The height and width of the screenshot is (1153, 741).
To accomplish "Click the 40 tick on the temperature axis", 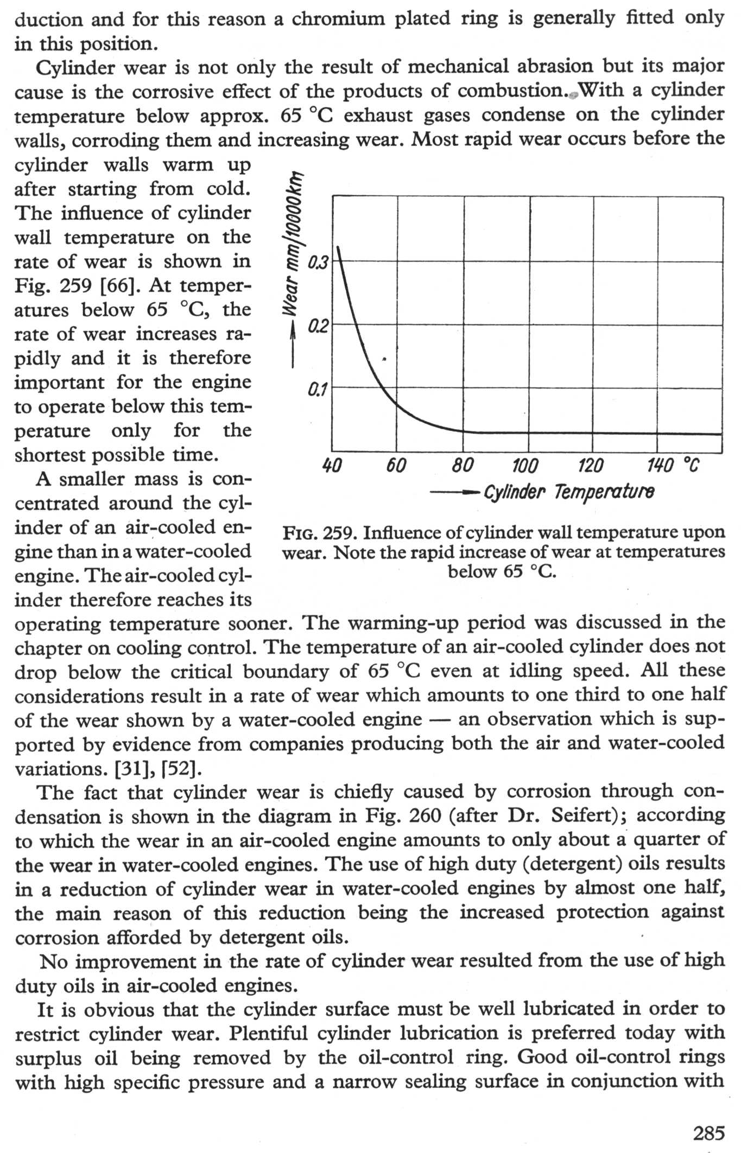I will (x=332, y=465).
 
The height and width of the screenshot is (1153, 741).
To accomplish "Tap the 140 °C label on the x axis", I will (x=673, y=465).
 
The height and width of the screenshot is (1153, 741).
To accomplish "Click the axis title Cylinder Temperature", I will (x=569, y=492).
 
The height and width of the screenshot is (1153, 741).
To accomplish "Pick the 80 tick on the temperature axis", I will (x=463, y=465).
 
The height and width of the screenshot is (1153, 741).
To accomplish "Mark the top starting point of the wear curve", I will (x=338, y=247).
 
